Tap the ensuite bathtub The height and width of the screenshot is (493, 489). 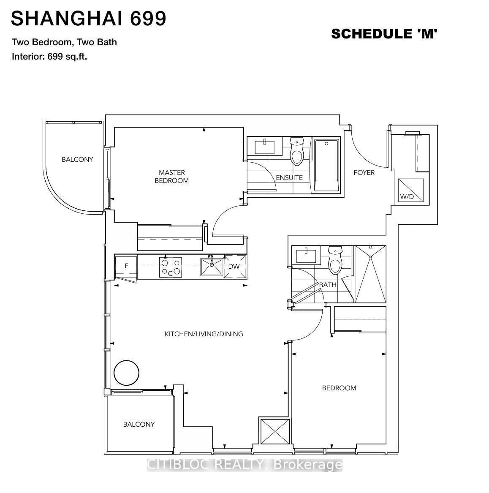point(327,165)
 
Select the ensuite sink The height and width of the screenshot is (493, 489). point(264,147)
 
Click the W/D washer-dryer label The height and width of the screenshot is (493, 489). point(407,197)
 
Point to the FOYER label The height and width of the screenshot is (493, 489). point(364,173)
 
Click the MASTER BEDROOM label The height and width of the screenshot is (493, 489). point(171,177)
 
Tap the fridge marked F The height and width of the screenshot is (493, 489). point(126,266)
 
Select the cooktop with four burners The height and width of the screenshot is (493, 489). point(170,267)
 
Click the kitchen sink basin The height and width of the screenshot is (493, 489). point(212,267)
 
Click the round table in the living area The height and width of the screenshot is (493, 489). point(126,373)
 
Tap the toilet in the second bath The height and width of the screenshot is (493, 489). point(335,260)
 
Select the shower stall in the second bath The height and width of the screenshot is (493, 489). point(370,274)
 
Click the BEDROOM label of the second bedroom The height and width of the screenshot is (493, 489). point(339,388)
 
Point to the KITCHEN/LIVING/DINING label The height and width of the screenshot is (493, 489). point(204,334)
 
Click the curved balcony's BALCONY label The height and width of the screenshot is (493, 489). point(77,159)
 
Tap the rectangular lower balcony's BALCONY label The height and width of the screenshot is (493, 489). point(139,425)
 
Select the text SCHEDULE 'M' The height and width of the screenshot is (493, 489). point(384,34)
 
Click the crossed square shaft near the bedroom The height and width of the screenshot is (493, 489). point(275,431)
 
